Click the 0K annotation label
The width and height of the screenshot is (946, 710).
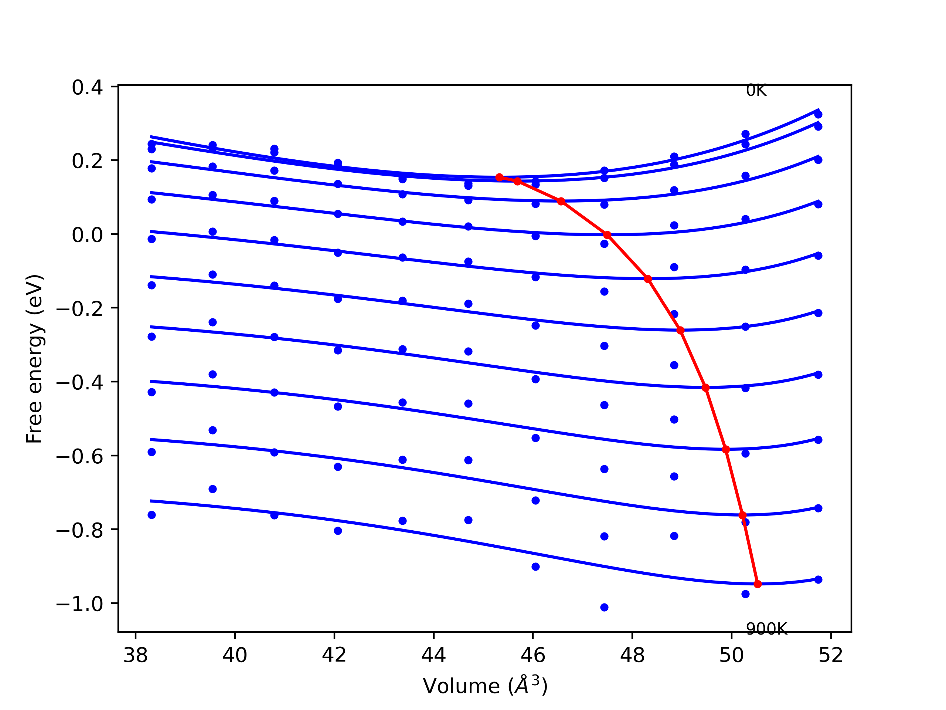[756, 91]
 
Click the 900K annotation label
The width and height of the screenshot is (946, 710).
[766, 629]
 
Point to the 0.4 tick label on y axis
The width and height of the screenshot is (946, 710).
[87, 88]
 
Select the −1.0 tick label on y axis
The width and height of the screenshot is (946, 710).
[79, 604]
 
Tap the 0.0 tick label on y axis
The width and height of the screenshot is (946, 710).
[87, 235]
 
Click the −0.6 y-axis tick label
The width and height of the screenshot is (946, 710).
[79, 457]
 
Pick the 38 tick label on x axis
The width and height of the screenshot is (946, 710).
[136, 655]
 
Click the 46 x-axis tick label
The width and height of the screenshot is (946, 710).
[533, 655]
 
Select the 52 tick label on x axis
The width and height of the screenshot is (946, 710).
[831, 655]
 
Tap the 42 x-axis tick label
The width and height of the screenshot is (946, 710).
[334, 655]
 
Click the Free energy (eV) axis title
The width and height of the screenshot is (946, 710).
[34, 359]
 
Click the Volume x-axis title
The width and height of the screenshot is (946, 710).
[485, 686]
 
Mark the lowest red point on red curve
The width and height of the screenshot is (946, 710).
[758, 584]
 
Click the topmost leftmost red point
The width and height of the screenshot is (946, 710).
[499, 177]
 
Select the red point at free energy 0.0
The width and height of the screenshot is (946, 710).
[607, 235]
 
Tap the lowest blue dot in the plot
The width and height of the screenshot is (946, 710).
[604, 607]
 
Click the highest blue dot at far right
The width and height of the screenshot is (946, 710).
[818, 114]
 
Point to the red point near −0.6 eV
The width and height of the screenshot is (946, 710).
[726, 449]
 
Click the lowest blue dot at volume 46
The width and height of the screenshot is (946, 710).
[535, 567]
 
